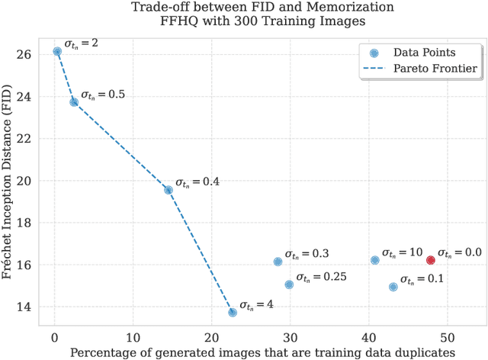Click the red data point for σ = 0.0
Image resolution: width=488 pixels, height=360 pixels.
pos(431,260)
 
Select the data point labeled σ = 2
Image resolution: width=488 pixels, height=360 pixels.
pos(57,51)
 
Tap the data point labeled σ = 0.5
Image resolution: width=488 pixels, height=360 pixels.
pos(74,101)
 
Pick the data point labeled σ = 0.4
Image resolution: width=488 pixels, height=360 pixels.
pos(169,190)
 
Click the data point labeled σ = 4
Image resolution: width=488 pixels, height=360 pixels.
pos(233,312)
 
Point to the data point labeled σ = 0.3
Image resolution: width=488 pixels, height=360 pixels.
pos(278,262)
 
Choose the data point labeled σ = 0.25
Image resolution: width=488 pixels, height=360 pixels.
pos(289,284)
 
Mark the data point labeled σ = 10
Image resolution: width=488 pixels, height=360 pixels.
pos(374,260)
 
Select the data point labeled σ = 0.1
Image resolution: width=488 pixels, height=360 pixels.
pos(393,287)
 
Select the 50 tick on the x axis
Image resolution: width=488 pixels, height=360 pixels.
pos(447,336)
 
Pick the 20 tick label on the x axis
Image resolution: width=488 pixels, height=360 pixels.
pos(211,336)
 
